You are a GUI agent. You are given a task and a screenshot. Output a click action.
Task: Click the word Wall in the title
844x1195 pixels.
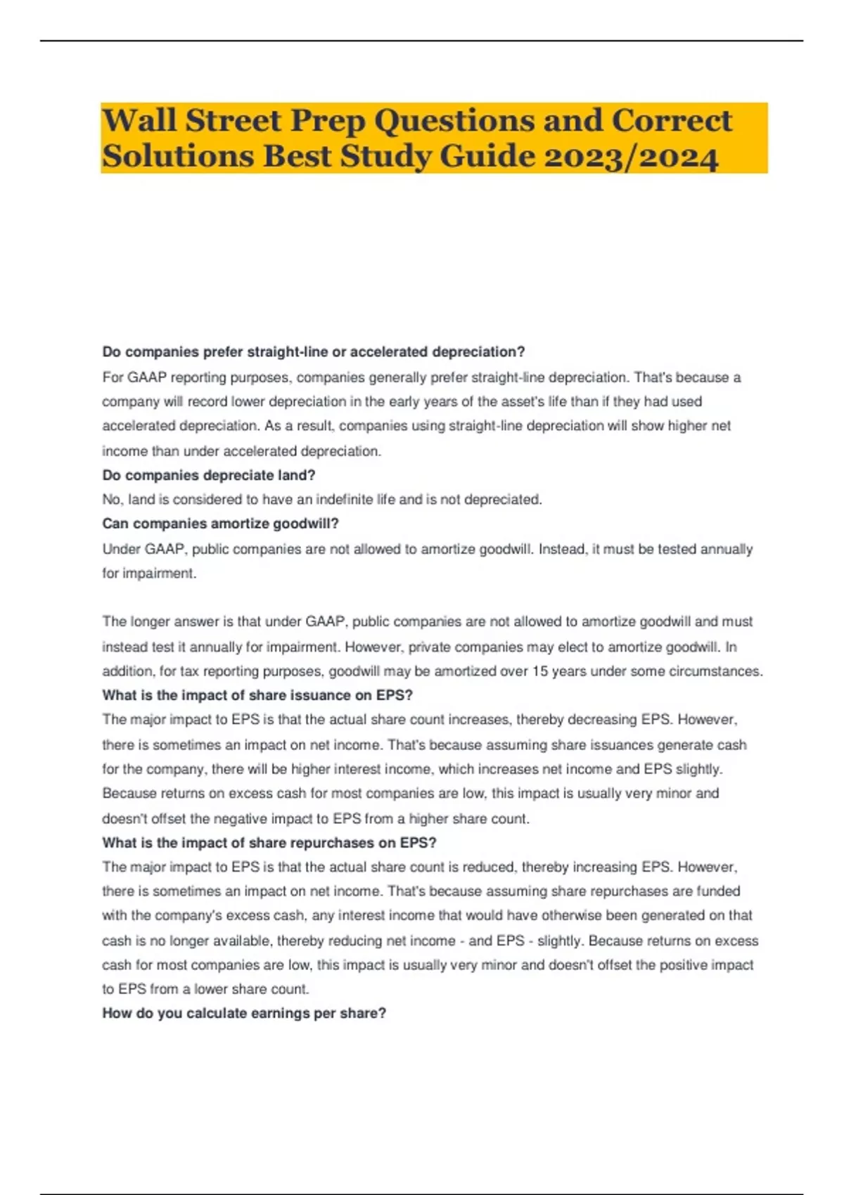tap(139, 121)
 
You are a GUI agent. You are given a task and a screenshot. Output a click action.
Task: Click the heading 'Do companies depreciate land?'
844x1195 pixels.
tap(209, 475)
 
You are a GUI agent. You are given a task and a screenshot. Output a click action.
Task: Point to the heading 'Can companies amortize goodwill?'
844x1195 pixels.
tap(220, 524)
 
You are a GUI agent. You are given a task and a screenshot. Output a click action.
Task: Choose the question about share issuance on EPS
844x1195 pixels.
tap(257, 695)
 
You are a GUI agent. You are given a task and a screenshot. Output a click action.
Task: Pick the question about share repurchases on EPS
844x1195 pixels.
tap(269, 843)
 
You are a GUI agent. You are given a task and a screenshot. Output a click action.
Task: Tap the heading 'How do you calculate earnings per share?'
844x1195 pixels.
tap(244, 1013)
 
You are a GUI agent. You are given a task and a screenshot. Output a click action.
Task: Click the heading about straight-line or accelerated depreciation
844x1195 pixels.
tap(314, 351)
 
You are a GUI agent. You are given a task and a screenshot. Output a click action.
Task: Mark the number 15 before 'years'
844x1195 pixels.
tap(539, 671)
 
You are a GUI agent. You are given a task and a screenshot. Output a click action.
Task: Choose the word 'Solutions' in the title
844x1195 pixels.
tap(178, 156)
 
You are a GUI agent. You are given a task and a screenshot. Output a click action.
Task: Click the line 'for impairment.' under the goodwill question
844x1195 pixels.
tap(149, 574)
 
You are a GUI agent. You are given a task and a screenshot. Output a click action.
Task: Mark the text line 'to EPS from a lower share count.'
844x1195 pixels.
tap(205, 989)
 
